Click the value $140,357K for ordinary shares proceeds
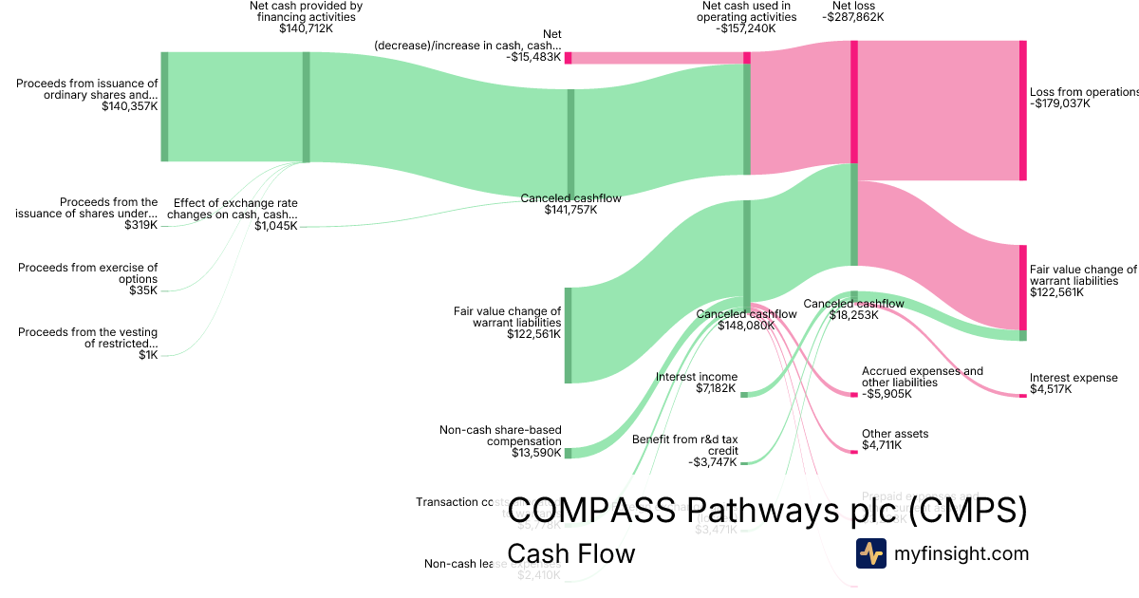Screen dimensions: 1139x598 tap(130, 107)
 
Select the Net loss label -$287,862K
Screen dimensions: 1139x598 tap(852, 17)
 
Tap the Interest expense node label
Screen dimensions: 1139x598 tap(1074, 378)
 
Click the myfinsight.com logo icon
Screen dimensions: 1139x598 tap(870, 552)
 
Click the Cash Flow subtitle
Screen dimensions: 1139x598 tap(570, 553)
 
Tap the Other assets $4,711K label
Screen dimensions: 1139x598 tap(895, 439)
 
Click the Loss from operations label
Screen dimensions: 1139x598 tap(1083, 92)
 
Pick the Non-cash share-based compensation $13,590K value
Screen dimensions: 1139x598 tap(534, 454)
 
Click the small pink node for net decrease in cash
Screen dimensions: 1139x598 tap(568, 58)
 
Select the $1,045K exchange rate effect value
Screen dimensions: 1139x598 tap(275, 226)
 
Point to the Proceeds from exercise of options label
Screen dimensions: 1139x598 tap(87, 273)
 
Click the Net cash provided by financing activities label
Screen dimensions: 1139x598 tap(306, 11)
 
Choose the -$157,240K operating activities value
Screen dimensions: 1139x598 tap(746, 28)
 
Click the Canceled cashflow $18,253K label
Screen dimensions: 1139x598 tap(853, 309)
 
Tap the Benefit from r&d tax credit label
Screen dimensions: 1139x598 tap(684, 445)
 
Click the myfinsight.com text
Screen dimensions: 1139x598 tap(961, 553)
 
